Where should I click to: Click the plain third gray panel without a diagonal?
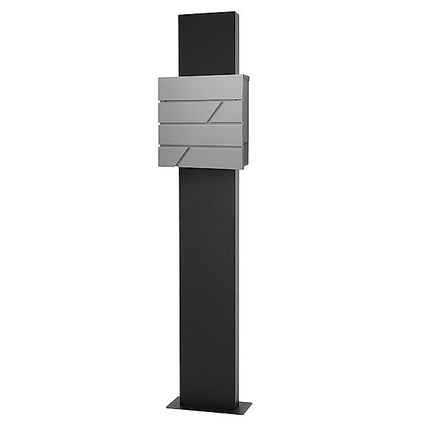[201, 134]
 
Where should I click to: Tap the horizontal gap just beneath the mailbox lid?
[201, 100]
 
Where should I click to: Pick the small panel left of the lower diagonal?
[168, 156]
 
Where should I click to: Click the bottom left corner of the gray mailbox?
[158, 167]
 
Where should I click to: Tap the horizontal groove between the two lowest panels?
[201, 146]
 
